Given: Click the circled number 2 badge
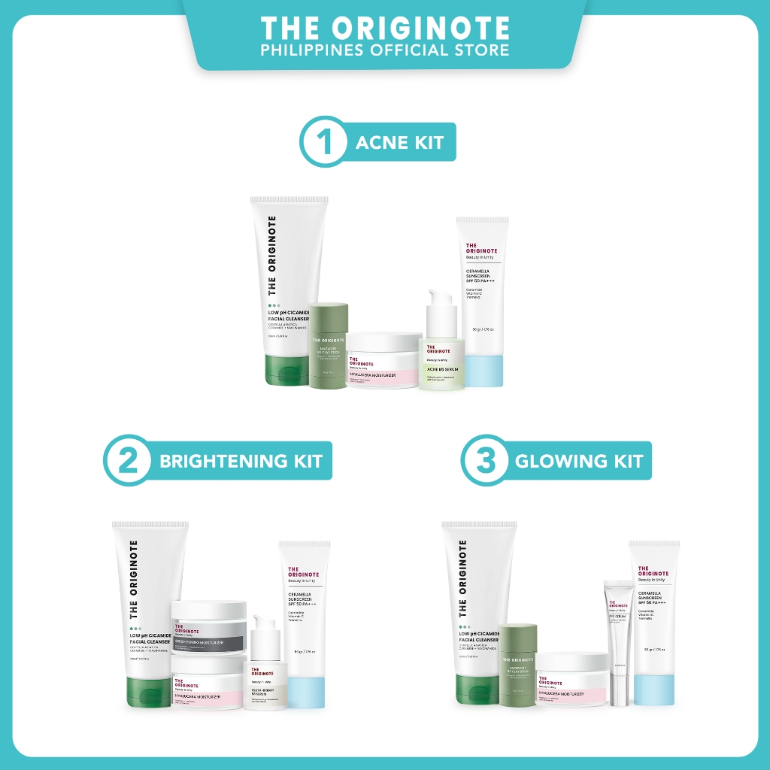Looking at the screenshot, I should [129, 460].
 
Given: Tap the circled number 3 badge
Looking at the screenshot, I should [484, 460].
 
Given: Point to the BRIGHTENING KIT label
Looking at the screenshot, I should [241, 460].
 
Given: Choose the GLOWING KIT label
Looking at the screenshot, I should [579, 460].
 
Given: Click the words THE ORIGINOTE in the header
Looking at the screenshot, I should [385, 29].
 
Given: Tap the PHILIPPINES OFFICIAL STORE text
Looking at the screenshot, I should [385, 50].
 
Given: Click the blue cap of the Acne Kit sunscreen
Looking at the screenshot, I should [484, 371].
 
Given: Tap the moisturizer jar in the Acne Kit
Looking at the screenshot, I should [383, 361].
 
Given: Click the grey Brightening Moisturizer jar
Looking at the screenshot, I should [209, 626].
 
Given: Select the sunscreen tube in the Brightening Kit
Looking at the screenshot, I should [305, 617].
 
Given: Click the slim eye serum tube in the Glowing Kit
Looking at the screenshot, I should [618, 643].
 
